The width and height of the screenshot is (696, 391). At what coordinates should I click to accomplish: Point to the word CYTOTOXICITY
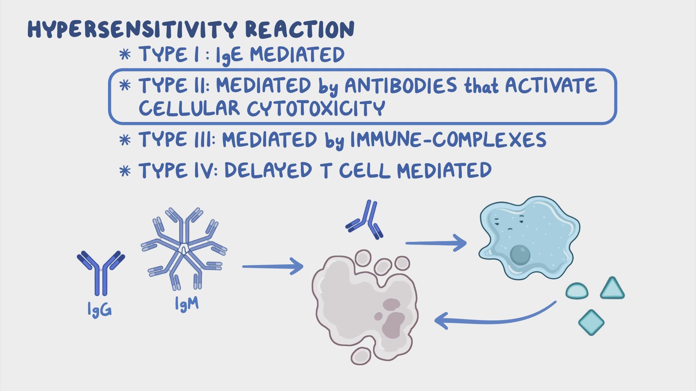click(316, 108)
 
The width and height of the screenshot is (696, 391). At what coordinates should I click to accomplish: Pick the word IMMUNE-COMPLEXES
click(448, 140)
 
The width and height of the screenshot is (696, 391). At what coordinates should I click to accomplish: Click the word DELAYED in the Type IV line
click(268, 170)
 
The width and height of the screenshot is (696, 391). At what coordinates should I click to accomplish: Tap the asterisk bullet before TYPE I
click(125, 55)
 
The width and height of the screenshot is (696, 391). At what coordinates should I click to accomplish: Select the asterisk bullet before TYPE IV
click(125, 171)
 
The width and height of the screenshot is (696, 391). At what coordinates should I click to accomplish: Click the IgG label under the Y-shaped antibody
click(99, 310)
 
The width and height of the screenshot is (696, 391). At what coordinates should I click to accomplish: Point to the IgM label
click(187, 303)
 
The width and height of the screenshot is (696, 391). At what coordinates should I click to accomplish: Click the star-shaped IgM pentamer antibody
click(184, 249)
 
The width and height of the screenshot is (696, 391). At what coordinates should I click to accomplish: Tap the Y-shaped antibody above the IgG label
click(101, 273)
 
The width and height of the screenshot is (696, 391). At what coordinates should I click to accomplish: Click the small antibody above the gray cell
click(364, 220)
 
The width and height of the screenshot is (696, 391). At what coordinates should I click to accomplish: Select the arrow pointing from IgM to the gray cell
click(273, 266)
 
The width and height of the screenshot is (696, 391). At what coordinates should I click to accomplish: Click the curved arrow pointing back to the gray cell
click(495, 315)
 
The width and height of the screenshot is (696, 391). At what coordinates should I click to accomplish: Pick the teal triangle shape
click(612, 289)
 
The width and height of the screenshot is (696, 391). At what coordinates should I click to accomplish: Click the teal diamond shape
click(591, 322)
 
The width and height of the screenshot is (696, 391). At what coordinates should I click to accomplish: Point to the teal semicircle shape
click(577, 291)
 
